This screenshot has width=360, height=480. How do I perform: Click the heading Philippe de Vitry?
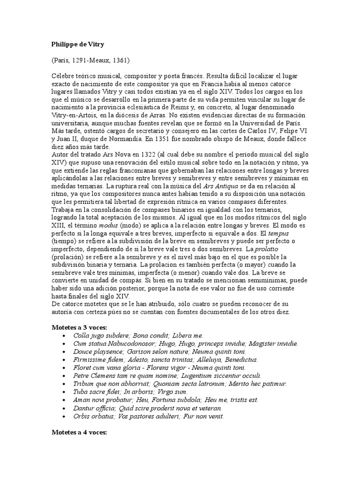[x=78, y=45]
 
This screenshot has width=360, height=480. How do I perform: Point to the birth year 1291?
[x=86, y=60]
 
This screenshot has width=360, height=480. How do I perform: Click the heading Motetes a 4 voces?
[x=79, y=433]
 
